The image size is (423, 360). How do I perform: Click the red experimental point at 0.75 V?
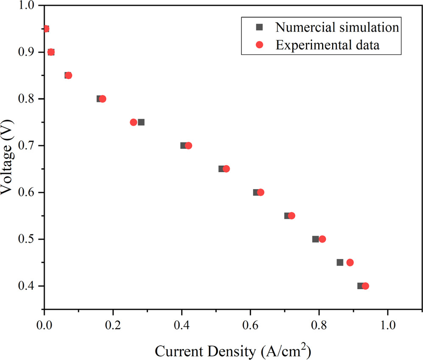(134, 122)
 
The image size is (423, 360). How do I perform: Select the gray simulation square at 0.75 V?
(141, 122)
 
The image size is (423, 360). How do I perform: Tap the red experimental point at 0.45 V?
(350, 262)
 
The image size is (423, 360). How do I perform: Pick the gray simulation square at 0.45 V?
(340, 262)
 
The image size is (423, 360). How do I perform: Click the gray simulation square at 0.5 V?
(315, 239)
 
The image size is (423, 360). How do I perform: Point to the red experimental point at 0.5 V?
(322, 239)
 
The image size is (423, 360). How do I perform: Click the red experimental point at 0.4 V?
(365, 286)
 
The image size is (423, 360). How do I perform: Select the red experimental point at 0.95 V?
(46, 29)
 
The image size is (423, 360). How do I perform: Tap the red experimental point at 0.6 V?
(261, 192)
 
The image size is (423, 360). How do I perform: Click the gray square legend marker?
(261, 27)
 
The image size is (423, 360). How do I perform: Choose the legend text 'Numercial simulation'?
(337, 27)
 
